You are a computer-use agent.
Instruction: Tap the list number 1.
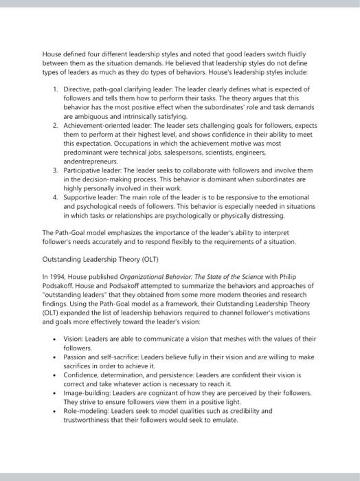click(55, 89)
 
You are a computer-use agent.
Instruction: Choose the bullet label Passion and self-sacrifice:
click(103, 357)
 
